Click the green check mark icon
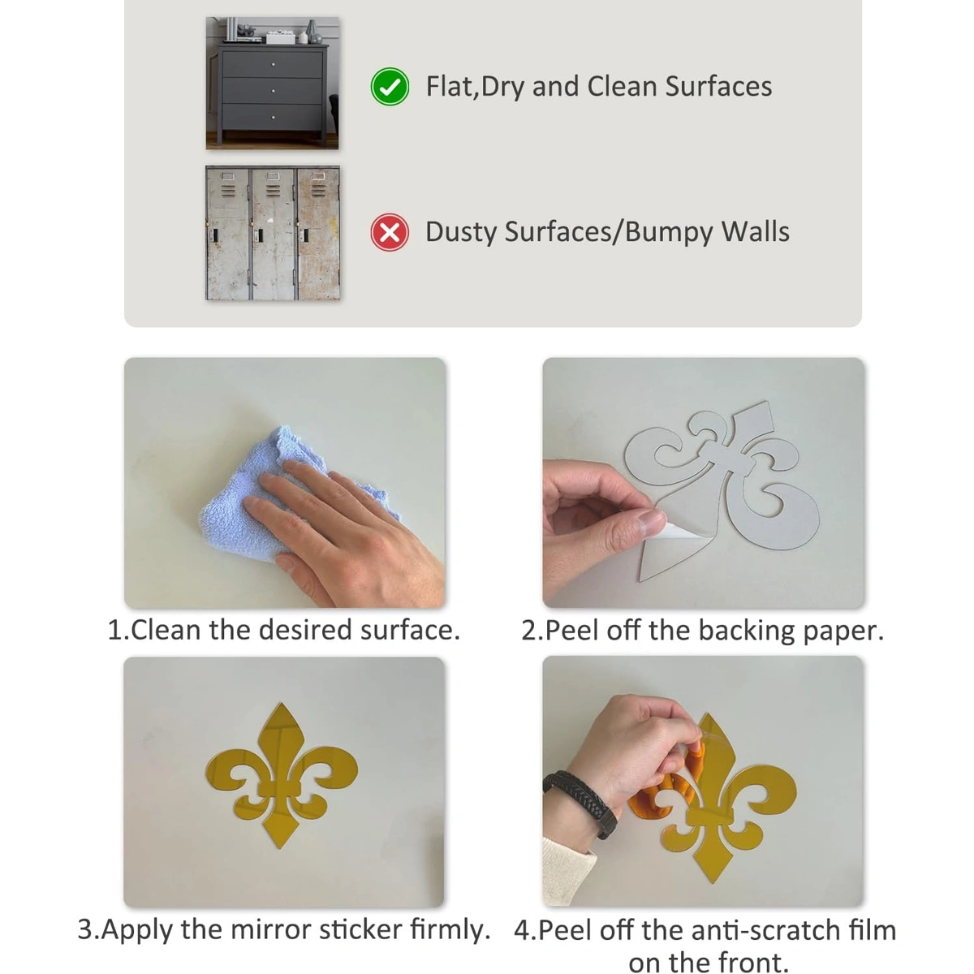[x=390, y=86]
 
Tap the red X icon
[x=390, y=232]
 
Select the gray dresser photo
[x=272, y=83]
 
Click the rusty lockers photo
[x=273, y=233]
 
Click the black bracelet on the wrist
[x=582, y=803]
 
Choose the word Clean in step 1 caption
[x=166, y=631]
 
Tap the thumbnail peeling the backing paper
[x=703, y=483]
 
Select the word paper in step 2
[x=843, y=631]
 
